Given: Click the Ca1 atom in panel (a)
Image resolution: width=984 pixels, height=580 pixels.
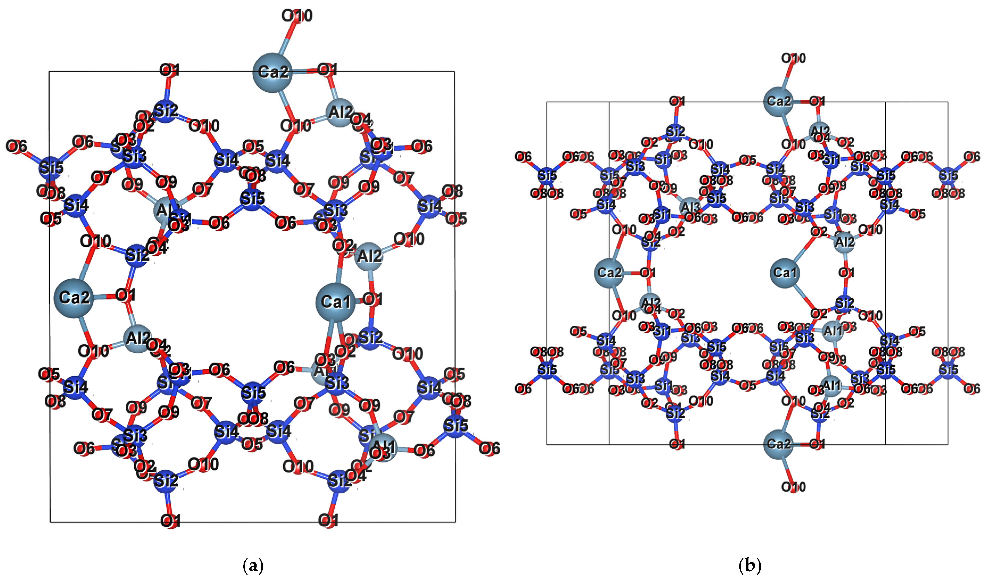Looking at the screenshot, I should click(335, 302).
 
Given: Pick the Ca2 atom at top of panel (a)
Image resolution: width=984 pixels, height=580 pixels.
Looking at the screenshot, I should click(273, 72).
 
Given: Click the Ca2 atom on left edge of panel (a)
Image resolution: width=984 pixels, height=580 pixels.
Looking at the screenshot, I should click(74, 298).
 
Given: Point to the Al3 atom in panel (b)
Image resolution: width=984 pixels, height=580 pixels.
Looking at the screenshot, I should click(690, 207).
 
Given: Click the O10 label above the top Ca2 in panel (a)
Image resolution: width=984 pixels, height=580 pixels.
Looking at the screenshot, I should click(297, 16).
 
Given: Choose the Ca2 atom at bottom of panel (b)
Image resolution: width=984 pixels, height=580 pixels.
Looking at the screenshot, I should click(779, 444).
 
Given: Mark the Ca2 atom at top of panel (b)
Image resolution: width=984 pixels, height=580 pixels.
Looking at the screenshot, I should click(779, 102).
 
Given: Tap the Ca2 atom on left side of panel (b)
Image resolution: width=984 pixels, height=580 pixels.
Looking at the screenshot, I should click(609, 272).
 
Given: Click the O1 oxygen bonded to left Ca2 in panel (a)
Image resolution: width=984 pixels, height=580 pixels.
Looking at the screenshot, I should click(125, 295).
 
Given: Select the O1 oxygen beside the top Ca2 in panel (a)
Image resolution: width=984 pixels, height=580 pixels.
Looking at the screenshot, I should click(327, 70).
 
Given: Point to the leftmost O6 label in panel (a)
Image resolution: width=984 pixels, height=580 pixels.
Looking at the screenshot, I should click(17, 147).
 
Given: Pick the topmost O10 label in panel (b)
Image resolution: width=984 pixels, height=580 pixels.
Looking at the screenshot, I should click(793, 58).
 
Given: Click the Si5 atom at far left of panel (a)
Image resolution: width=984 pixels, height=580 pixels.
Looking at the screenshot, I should click(51, 168).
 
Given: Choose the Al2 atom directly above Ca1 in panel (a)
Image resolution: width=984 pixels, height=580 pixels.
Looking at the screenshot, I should click(369, 256).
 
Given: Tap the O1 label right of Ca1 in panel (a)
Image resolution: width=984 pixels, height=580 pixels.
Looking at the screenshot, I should click(373, 299).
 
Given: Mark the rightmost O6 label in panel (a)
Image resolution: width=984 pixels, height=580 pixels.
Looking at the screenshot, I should click(490, 448).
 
